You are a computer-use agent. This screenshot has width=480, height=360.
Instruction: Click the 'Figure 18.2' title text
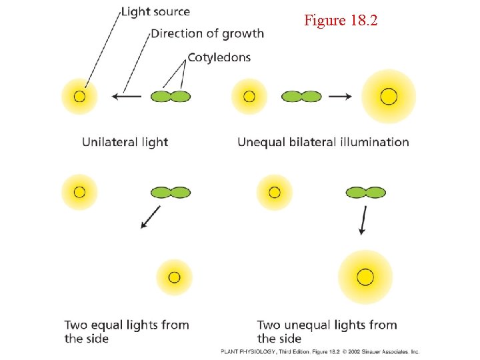(341, 21)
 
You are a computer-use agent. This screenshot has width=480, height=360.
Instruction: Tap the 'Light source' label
(155, 12)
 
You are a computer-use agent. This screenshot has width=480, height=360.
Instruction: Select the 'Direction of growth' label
(207, 33)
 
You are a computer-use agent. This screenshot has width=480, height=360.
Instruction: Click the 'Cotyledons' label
(219, 57)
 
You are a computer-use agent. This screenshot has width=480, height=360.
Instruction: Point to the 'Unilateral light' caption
(125, 142)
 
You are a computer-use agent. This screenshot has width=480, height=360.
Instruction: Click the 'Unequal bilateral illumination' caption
(323, 142)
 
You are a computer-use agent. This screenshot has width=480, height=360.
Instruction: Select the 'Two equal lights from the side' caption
(127, 331)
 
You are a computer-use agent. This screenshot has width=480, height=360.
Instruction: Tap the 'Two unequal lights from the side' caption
(327, 331)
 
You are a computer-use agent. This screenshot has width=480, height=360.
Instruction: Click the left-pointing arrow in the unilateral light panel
(127, 97)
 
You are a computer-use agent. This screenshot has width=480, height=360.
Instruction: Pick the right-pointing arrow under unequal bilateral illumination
(341, 97)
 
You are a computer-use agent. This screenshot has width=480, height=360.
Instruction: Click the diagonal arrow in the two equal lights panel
(151, 217)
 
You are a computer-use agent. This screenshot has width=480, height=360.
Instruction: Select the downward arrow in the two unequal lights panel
(363, 220)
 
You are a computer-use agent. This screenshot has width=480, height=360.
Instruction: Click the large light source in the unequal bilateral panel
(388, 97)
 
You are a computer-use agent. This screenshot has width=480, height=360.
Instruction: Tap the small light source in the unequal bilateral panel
(249, 97)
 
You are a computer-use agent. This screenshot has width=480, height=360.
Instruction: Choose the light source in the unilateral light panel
(79, 97)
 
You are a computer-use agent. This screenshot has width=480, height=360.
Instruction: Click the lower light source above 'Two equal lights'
(174, 277)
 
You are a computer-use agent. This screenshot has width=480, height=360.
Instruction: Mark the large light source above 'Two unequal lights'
(365, 277)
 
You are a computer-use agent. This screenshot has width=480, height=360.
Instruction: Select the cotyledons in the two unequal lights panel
(366, 193)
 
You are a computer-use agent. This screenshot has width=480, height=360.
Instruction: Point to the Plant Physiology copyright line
(321, 351)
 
